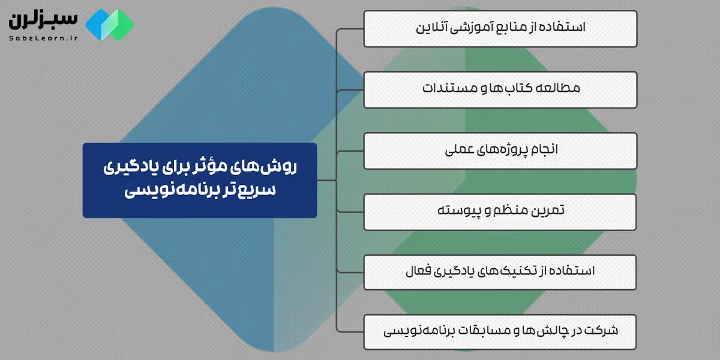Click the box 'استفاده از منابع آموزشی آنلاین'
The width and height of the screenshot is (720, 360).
pos(500,29)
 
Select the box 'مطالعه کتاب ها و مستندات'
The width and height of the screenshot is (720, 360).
pos(500,89)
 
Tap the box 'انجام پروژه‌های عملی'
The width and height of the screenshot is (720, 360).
pos(500,150)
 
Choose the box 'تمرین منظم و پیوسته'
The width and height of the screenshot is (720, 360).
pos(500,211)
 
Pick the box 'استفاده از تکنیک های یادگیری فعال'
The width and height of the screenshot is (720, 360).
pos(500,271)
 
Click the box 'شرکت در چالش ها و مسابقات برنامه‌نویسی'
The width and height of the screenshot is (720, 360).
pos(500,331)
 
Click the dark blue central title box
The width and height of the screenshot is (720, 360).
pos(200,180)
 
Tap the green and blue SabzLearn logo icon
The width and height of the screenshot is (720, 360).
pos(109,25)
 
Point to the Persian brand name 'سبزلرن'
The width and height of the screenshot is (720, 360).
pos(42,18)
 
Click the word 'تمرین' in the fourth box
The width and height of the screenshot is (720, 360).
pos(549,211)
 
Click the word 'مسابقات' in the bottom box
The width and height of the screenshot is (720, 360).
pos(482,331)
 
